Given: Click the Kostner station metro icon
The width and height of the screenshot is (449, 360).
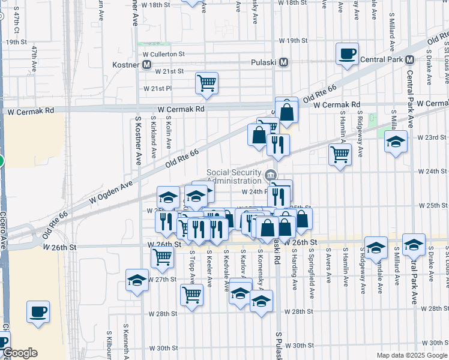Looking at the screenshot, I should (146, 64).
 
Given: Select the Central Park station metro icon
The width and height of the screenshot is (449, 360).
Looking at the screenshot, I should (411, 60).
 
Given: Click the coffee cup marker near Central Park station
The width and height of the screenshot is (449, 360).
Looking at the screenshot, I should (347, 54).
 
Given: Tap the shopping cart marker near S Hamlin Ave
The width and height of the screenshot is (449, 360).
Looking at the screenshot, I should (340, 155).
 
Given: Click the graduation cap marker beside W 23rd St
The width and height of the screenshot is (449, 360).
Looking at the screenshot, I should (396, 142).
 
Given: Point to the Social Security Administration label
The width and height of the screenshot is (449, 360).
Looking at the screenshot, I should (235, 176).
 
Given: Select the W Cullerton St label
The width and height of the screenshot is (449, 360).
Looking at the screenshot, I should (164, 53).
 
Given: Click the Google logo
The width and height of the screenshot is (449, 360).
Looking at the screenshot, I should (20, 353).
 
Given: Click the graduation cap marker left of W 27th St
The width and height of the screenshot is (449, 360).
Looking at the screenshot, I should (137, 280).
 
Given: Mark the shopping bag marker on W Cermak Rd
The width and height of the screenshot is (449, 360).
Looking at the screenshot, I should (287, 111).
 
